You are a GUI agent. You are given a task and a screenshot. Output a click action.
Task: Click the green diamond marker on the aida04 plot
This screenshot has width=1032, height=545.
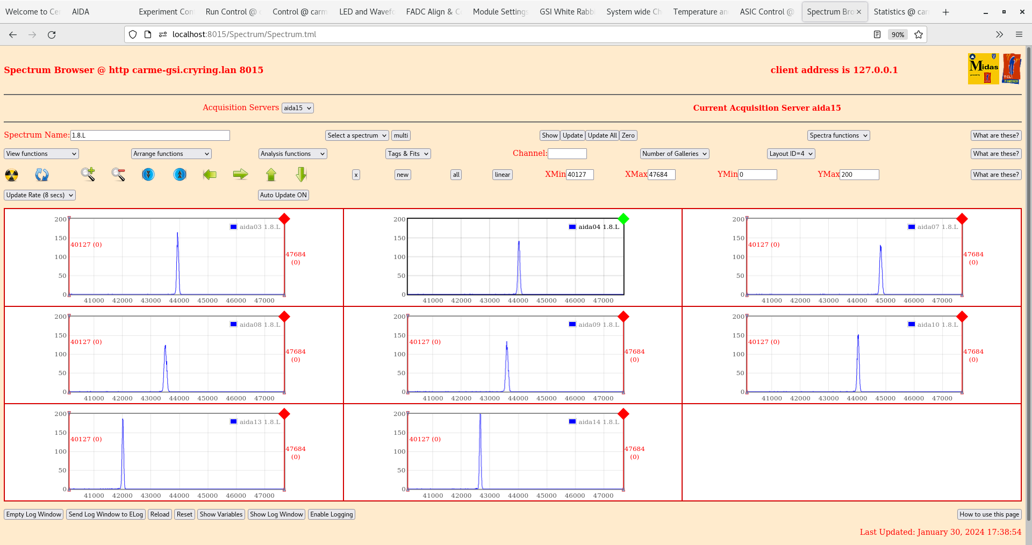[623, 219]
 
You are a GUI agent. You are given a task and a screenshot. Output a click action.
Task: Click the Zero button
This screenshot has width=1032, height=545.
[628, 135]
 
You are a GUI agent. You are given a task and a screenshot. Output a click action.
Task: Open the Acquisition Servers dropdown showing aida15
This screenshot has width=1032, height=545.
[297, 108]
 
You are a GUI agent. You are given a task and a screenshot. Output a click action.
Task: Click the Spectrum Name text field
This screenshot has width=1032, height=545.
[150, 135]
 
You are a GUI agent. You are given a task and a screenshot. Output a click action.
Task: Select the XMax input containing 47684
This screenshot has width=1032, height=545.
[661, 175]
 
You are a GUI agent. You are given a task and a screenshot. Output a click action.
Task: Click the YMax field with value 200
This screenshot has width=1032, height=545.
[859, 175]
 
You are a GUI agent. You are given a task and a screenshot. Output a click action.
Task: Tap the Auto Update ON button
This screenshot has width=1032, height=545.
[283, 195]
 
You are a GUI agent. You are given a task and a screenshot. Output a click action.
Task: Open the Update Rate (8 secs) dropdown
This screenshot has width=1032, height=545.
[40, 195]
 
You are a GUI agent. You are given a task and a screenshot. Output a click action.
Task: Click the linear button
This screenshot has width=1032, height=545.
[502, 175]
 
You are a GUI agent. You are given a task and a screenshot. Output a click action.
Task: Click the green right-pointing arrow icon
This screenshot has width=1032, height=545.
[240, 174]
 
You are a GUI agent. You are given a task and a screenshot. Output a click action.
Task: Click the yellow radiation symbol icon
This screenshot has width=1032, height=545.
[11, 175]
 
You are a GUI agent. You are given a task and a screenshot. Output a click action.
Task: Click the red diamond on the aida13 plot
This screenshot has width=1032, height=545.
[284, 414]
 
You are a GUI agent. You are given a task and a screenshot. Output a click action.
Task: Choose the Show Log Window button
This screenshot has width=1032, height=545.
[276, 514]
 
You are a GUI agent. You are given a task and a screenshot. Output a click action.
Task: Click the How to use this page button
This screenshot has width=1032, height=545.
[989, 514]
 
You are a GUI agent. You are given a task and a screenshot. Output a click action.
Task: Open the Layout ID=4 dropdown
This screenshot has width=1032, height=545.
[791, 154]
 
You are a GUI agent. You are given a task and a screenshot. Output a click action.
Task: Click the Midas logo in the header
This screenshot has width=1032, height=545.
[983, 68]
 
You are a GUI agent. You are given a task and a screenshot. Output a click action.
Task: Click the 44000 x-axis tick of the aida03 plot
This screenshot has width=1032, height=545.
[179, 300]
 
